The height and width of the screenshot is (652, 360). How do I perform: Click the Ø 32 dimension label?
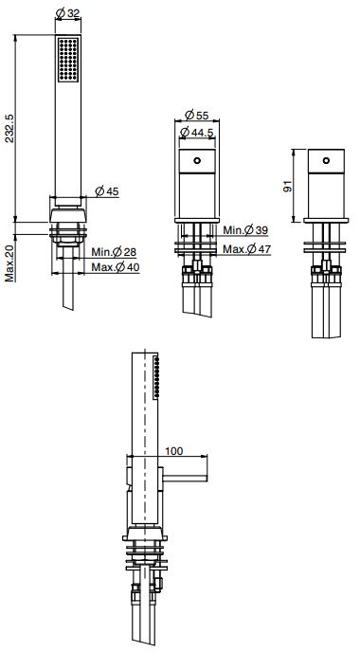point(68,13)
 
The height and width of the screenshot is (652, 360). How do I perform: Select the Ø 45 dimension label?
point(107,191)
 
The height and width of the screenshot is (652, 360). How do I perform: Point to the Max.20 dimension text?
point(10,263)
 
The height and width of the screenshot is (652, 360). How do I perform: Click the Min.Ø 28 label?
point(114,251)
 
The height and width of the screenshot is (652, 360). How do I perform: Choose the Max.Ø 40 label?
point(116,267)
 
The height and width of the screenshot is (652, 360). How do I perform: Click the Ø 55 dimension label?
point(197,115)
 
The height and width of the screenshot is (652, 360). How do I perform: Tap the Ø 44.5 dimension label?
point(197,133)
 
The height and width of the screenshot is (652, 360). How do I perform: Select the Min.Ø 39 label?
point(245,229)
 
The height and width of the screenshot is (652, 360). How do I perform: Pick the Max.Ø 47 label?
point(247,249)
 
